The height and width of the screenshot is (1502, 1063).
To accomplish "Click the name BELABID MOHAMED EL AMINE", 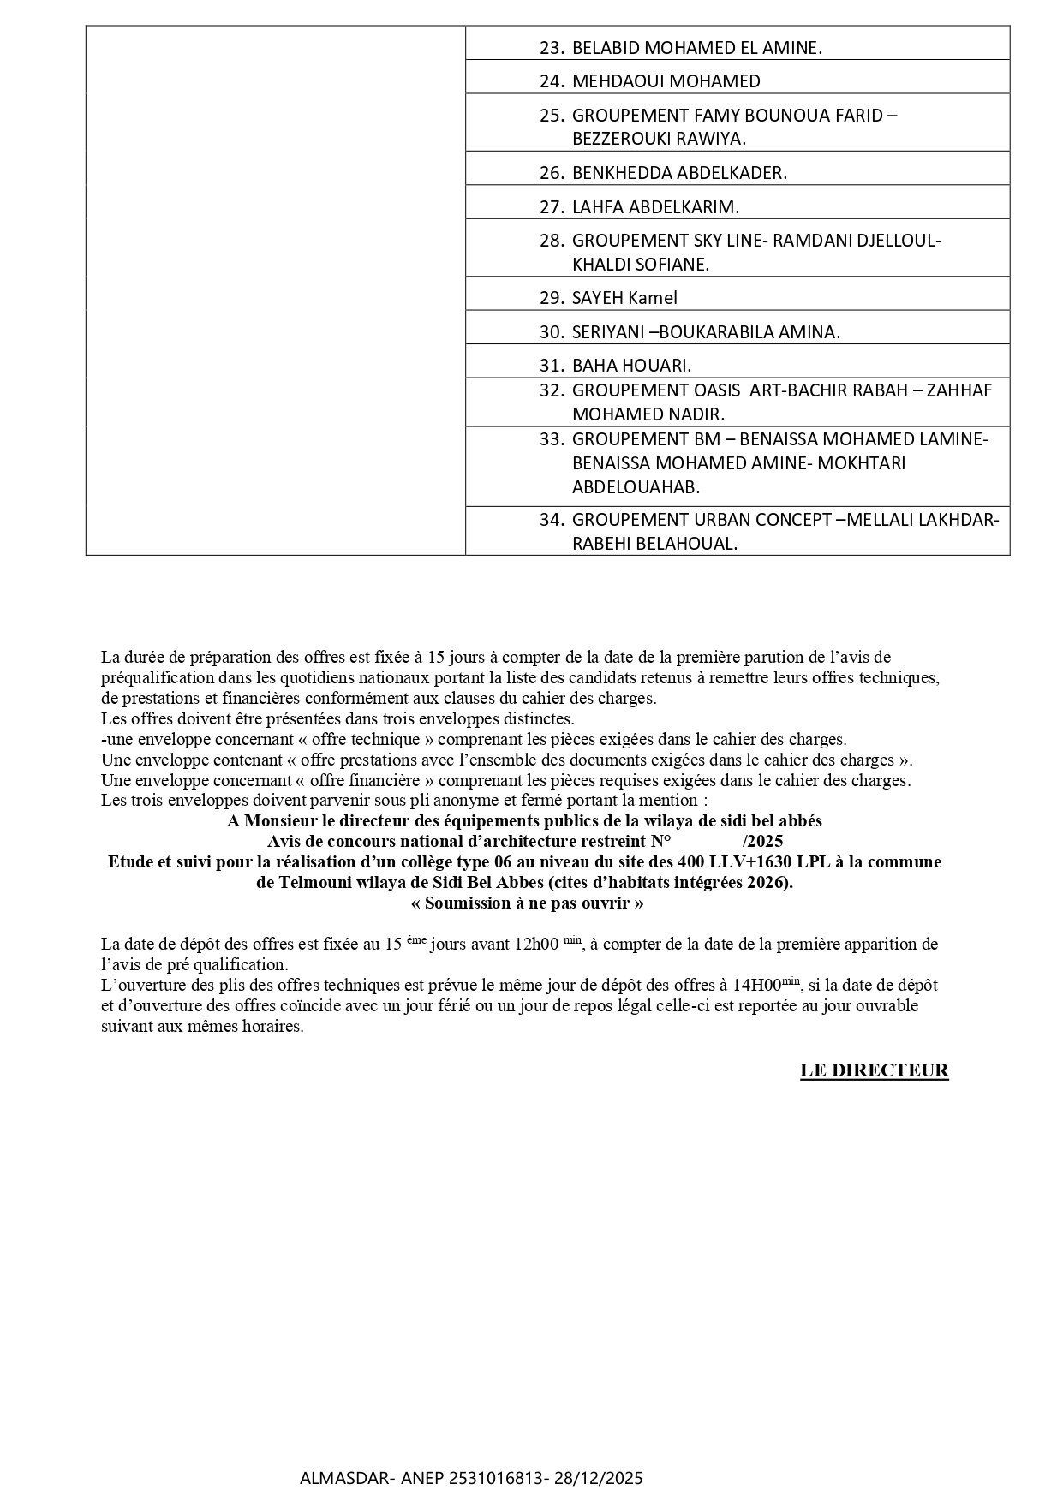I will coord(696,48).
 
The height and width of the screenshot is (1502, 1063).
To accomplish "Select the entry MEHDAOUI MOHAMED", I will coord(666,81).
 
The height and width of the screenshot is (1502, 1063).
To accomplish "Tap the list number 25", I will coord(551,116).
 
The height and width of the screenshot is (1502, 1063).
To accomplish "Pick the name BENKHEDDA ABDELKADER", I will coord(679,173).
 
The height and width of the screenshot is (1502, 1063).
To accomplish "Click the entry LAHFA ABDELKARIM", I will coord(655,207).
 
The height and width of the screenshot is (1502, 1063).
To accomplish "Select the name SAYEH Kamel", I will coord(624,298).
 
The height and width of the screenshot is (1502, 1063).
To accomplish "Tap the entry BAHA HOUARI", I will coord(631,366).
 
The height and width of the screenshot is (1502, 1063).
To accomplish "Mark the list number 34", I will coord(551,520).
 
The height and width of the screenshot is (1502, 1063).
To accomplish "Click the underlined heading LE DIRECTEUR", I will coord(874,1070).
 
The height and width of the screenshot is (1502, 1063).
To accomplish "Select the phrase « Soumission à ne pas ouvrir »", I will coord(527,903).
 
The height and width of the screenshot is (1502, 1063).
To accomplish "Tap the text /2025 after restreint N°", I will coord(762,841).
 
